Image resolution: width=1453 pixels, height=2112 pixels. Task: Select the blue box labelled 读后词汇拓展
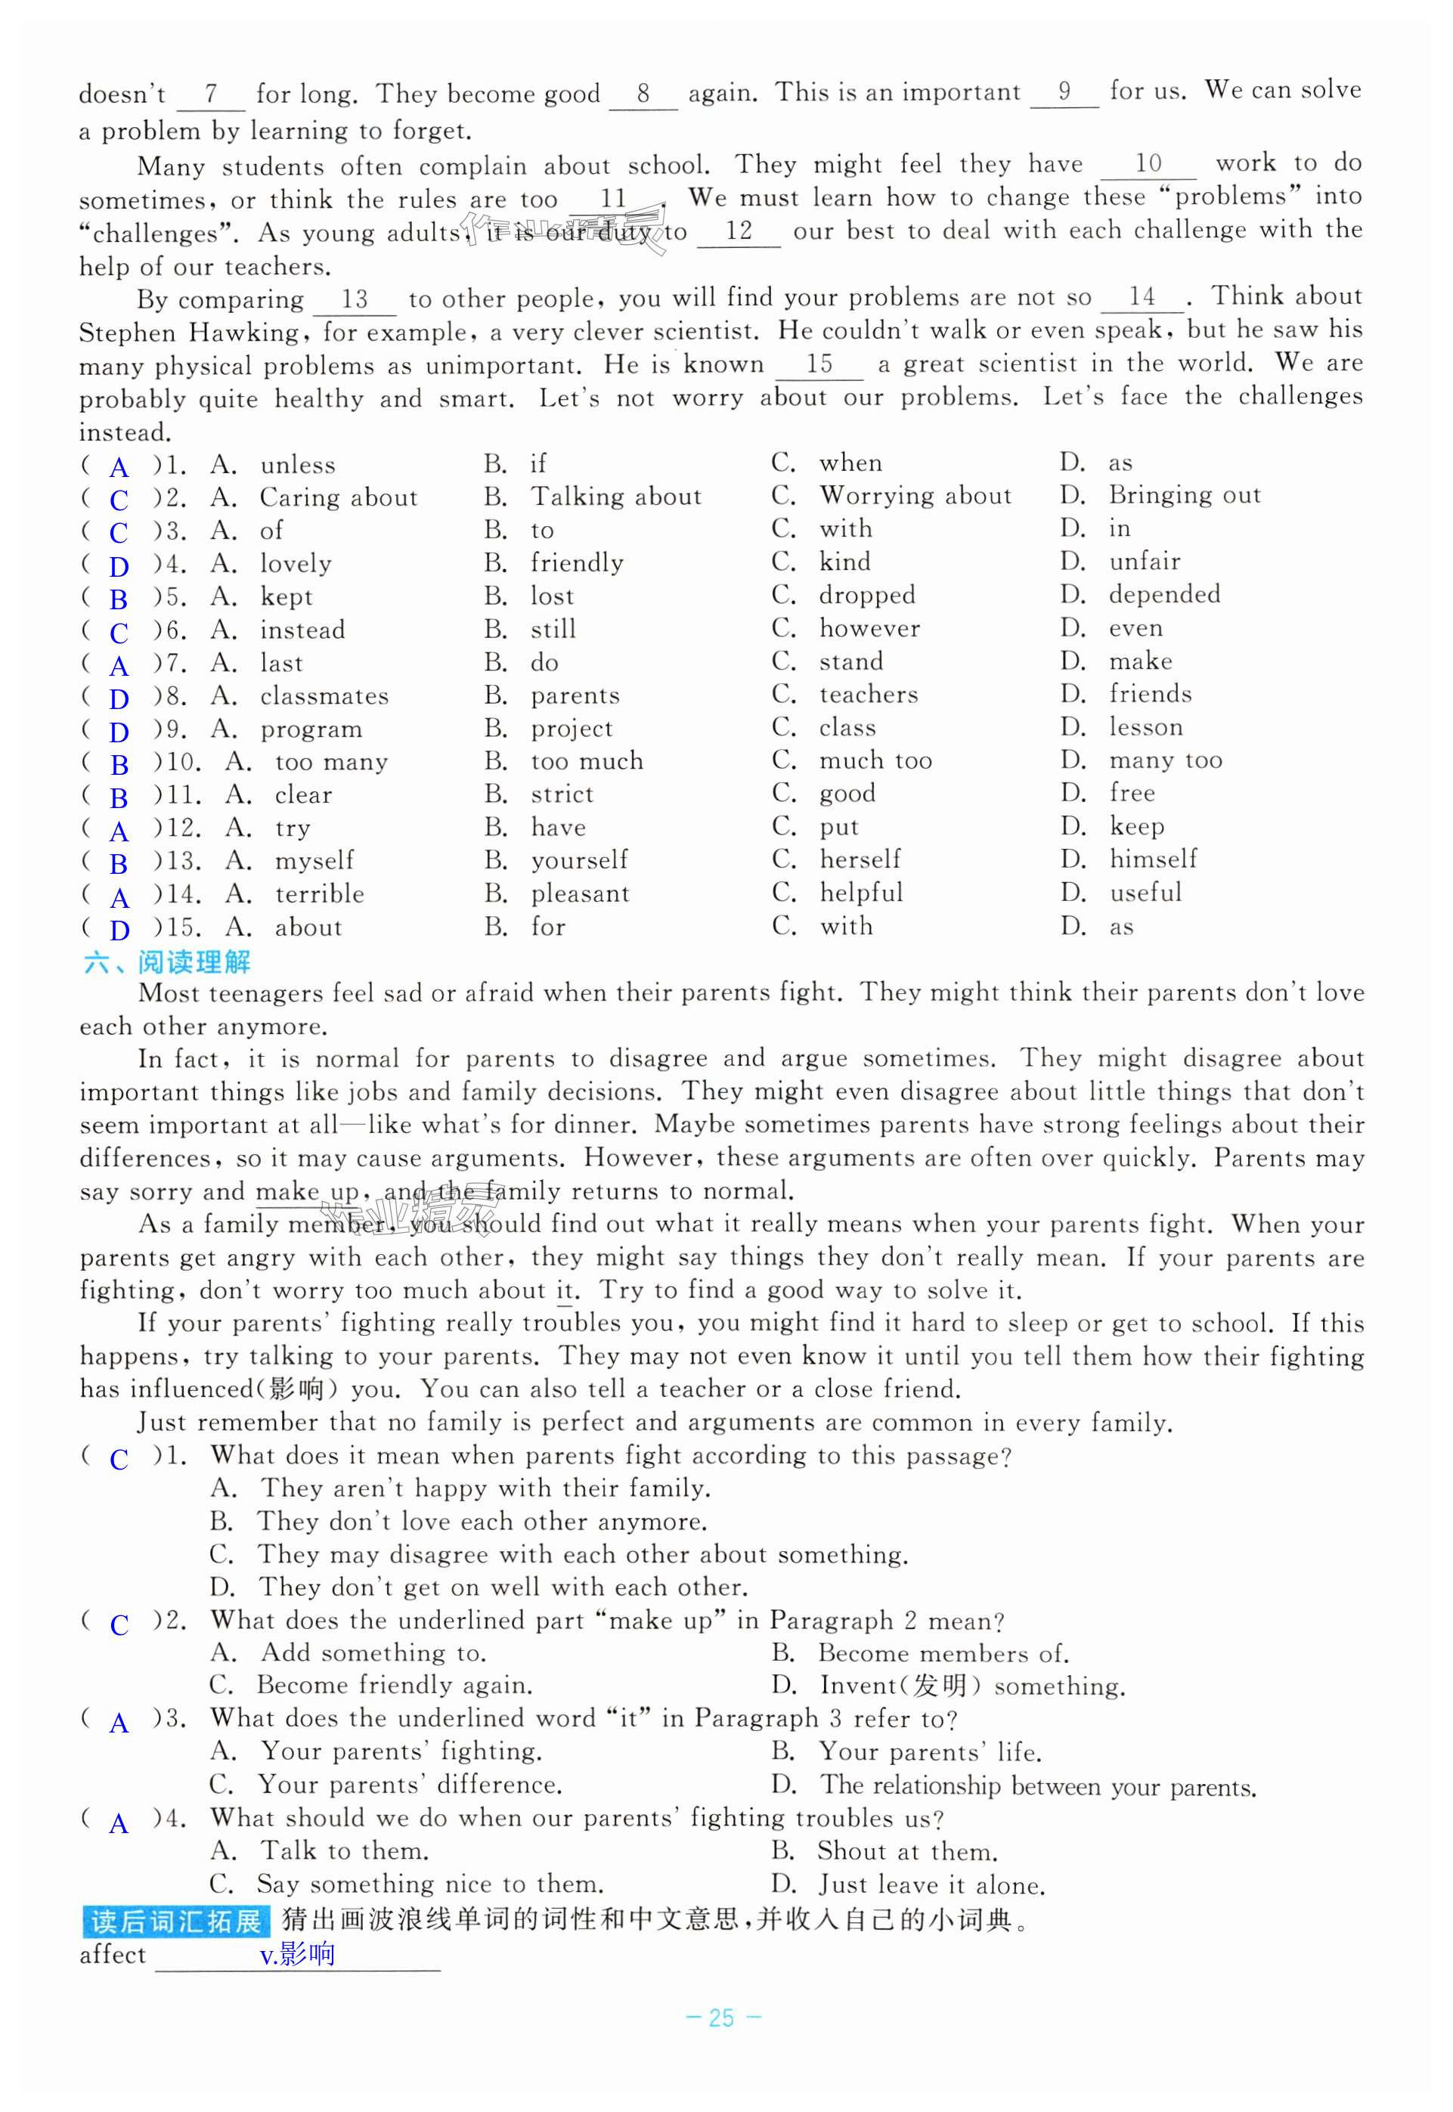(175, 1921)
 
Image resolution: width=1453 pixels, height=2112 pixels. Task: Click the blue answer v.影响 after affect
(297, 1955)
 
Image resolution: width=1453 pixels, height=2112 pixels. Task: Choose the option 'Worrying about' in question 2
(915, 496)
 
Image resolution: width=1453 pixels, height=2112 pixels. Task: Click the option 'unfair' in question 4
(1145, 562)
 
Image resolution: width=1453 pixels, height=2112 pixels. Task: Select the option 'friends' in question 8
(1150, 695)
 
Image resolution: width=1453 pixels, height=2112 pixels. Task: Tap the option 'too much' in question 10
(587, 761)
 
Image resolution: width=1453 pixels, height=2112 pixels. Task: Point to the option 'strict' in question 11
(562, 794)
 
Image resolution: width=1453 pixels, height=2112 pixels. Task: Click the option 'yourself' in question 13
(579, 860)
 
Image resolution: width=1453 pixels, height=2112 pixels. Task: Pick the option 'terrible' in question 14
(320, 894)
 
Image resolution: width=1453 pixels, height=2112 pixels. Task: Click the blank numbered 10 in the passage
(1148, 164)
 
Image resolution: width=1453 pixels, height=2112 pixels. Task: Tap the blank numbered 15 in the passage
(819, 364)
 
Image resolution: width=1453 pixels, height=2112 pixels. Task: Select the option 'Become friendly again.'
(394, 1685)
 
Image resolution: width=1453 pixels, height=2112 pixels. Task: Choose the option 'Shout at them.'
(906, 1852)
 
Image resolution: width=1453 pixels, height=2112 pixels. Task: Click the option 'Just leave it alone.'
(931, 1884)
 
